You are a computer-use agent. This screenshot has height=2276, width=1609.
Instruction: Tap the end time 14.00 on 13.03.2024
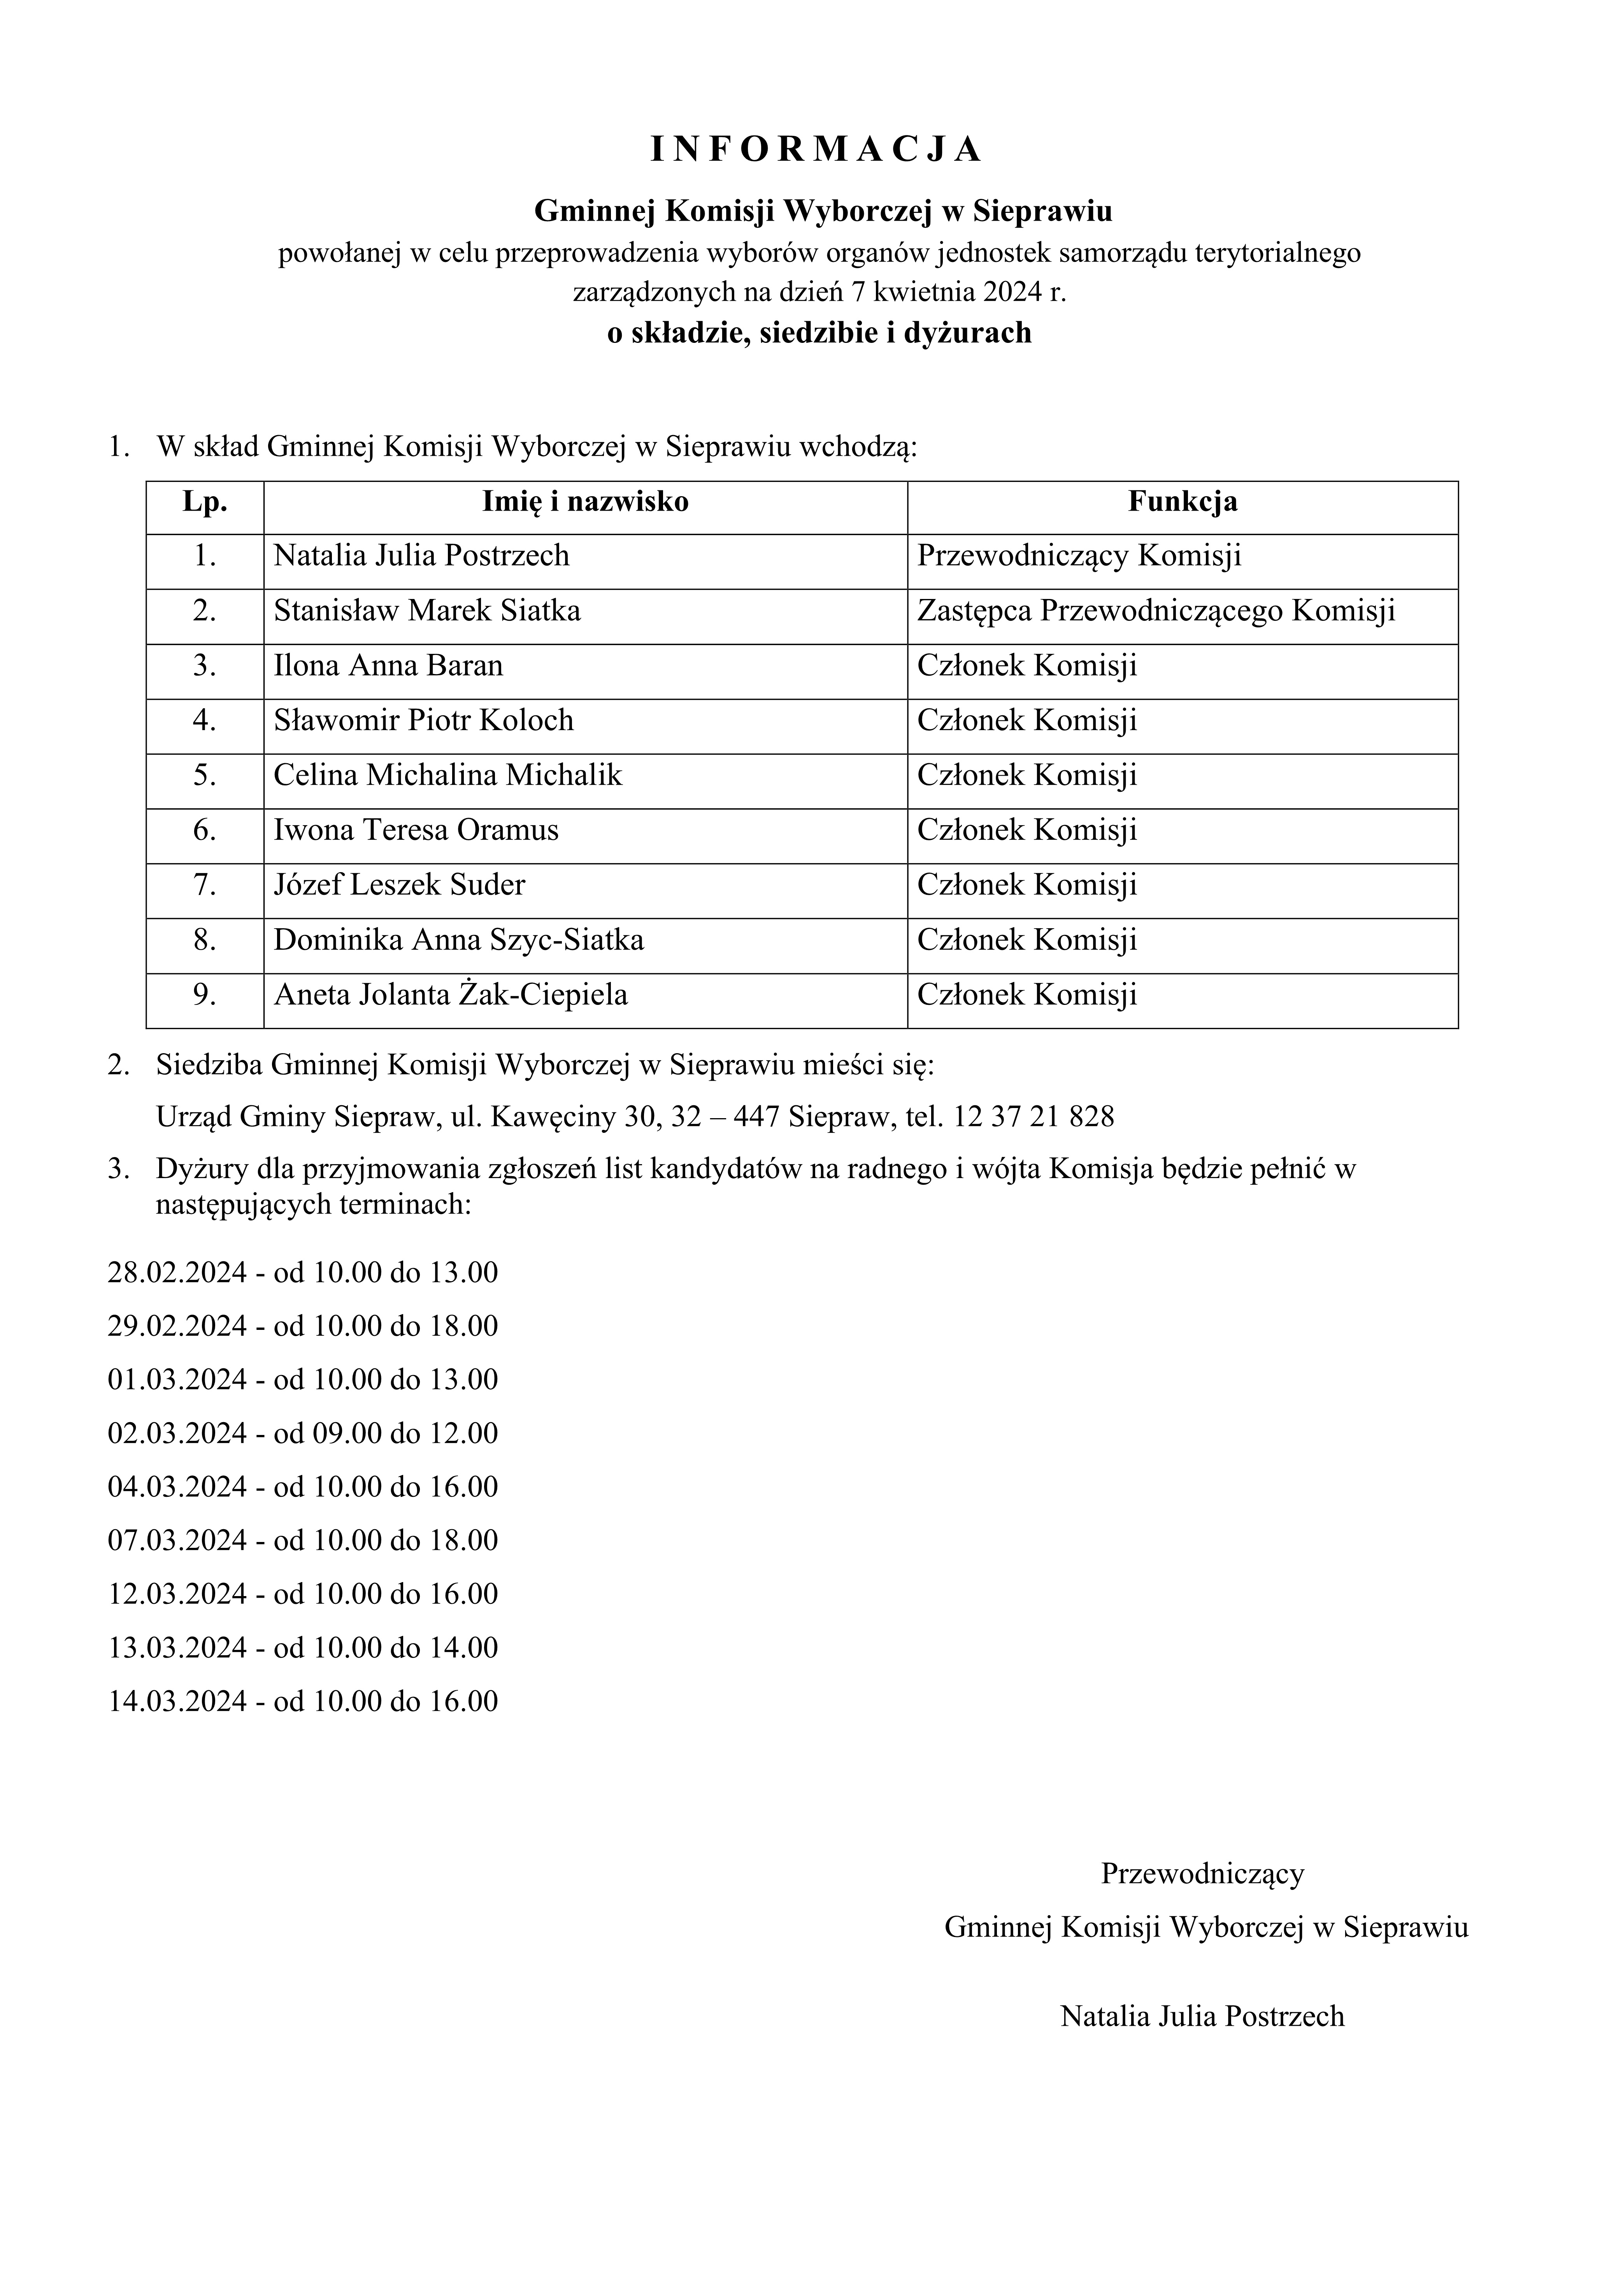(463, 1647)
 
